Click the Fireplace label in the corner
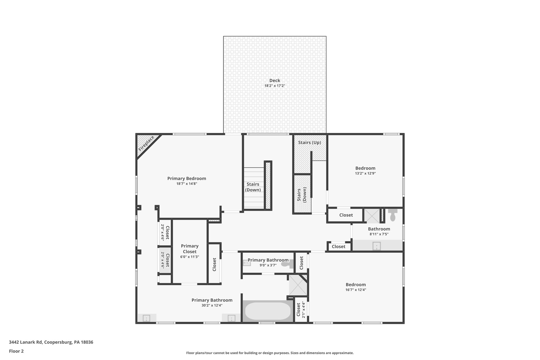[146, 143]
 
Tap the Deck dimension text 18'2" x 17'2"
[275, 86]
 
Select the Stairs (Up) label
[310, 142]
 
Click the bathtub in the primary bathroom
[268, 311]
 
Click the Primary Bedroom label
[187, 179]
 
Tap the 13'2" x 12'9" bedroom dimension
[365, 174]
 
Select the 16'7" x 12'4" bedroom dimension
[356, 290]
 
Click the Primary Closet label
[190, 249]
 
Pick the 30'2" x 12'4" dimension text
[212, 305]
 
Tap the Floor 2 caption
[16, 351]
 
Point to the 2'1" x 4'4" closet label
[301, 310]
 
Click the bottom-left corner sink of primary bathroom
[146, 318]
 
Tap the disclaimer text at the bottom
[270, 353]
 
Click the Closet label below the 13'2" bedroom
[346, 215]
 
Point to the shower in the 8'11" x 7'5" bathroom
[372, 215]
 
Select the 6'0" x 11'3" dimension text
[190, 257]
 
